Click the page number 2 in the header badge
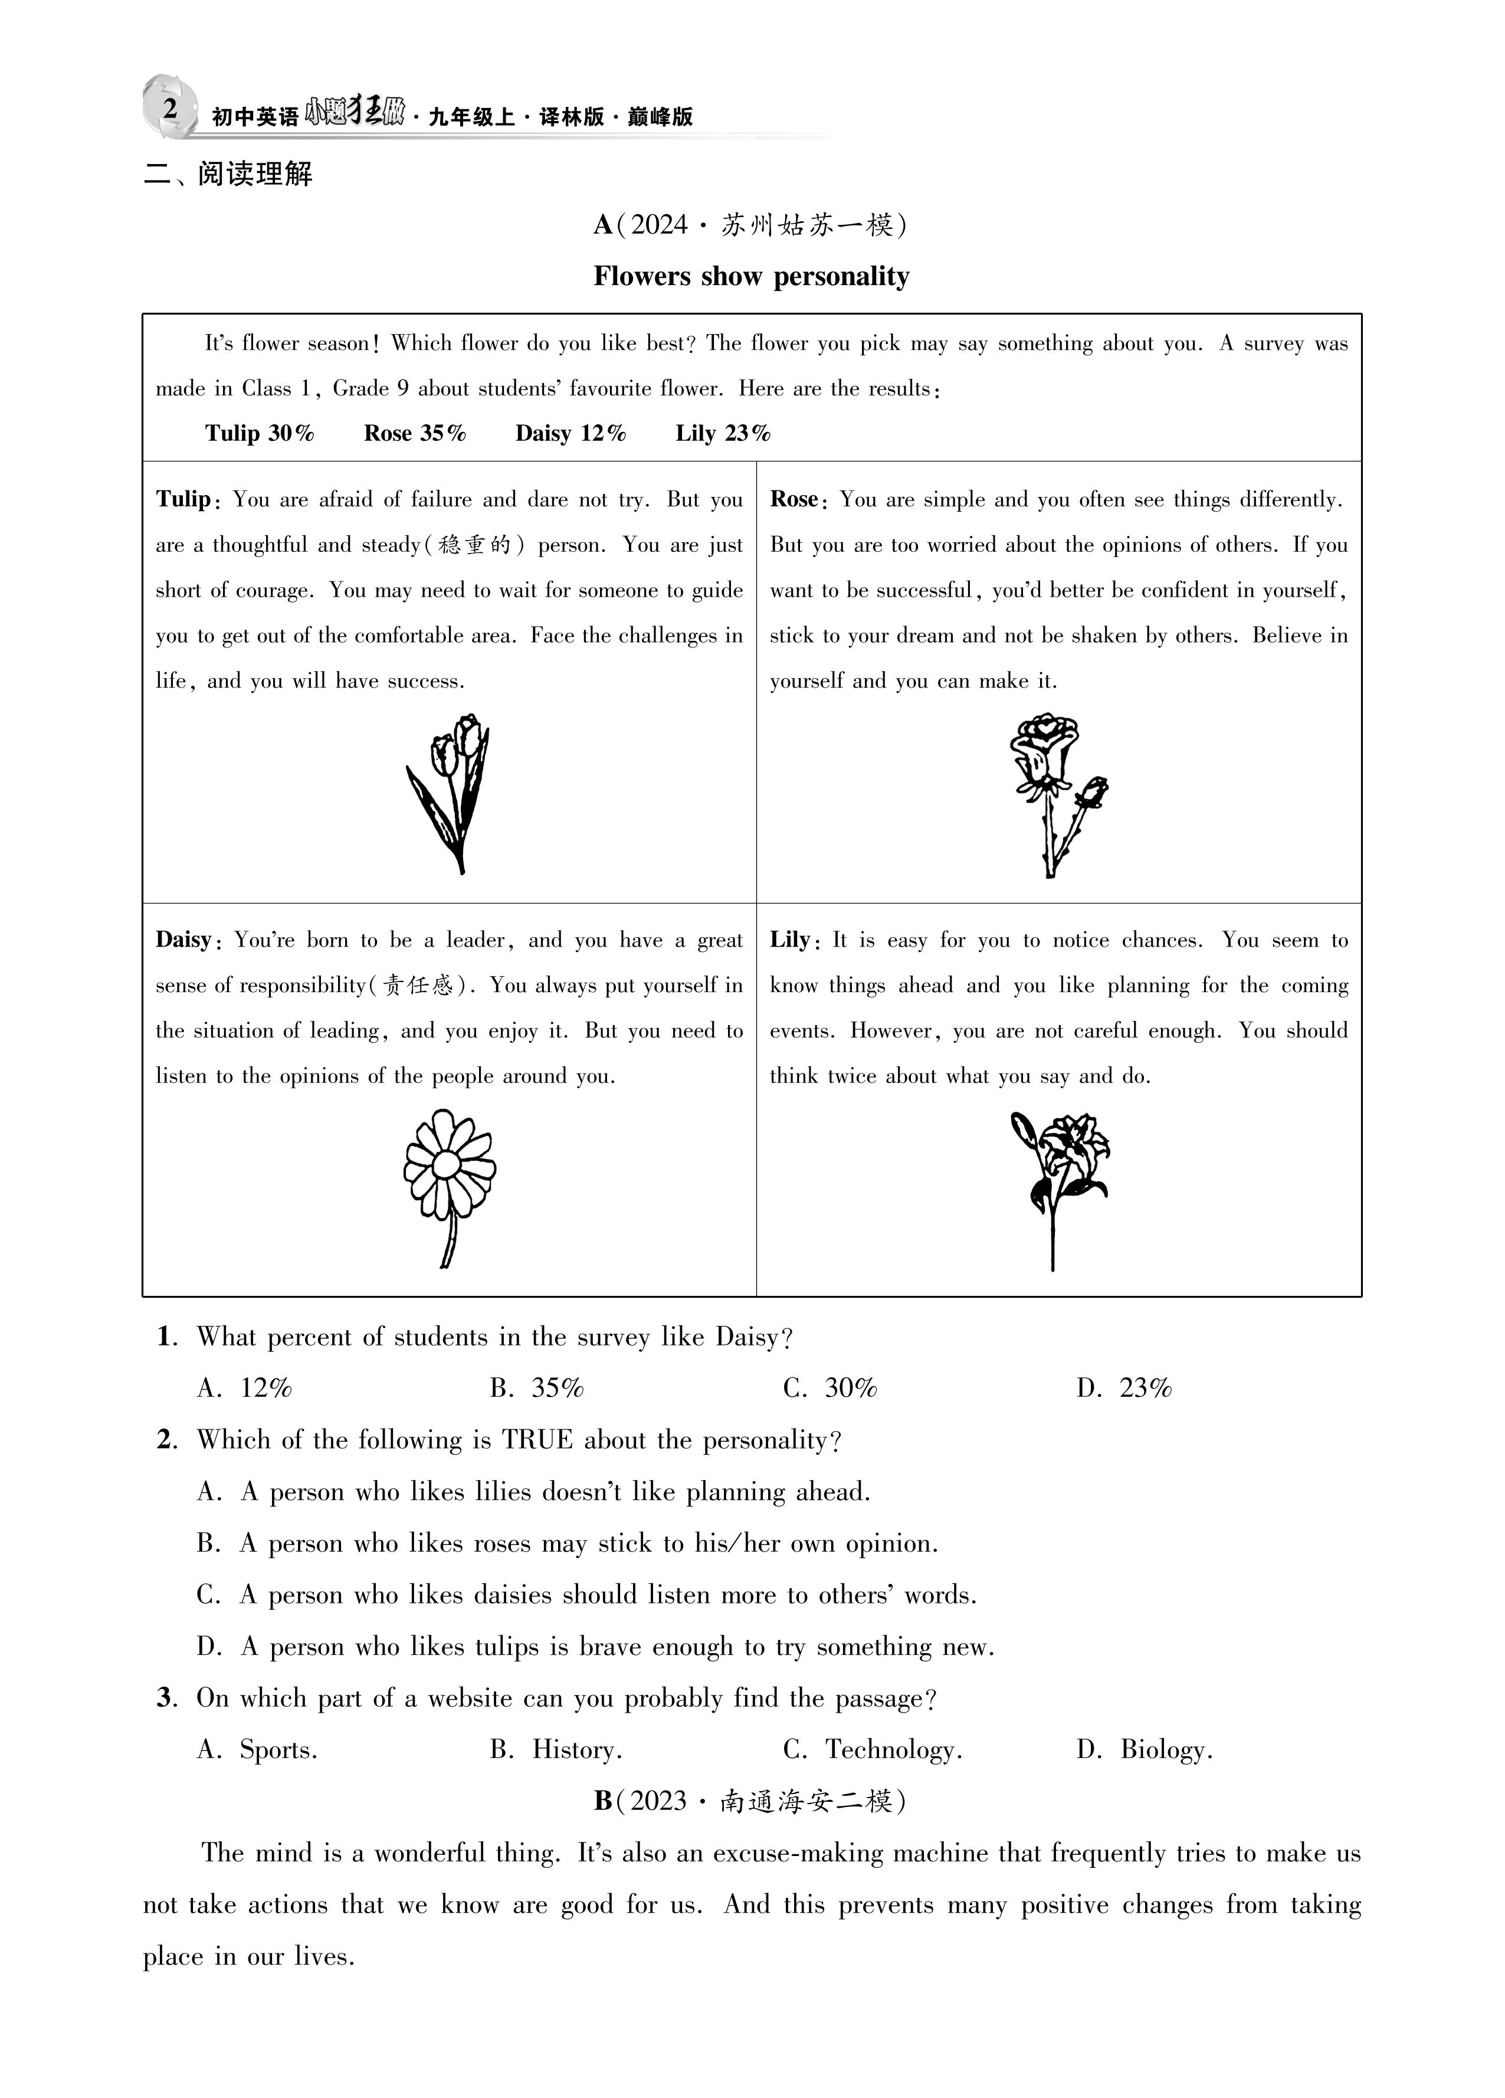170,108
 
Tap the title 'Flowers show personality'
751,277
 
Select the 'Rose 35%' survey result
414,433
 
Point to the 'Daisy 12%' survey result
570,433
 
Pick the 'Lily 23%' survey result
723,433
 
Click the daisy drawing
450,1187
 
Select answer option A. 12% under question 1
244,1387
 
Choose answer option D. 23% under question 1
1124,1387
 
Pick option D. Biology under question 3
1145,1749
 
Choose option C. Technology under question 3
873,1749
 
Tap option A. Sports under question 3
257,1749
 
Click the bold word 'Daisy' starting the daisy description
183,940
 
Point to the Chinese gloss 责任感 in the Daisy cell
418,985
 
